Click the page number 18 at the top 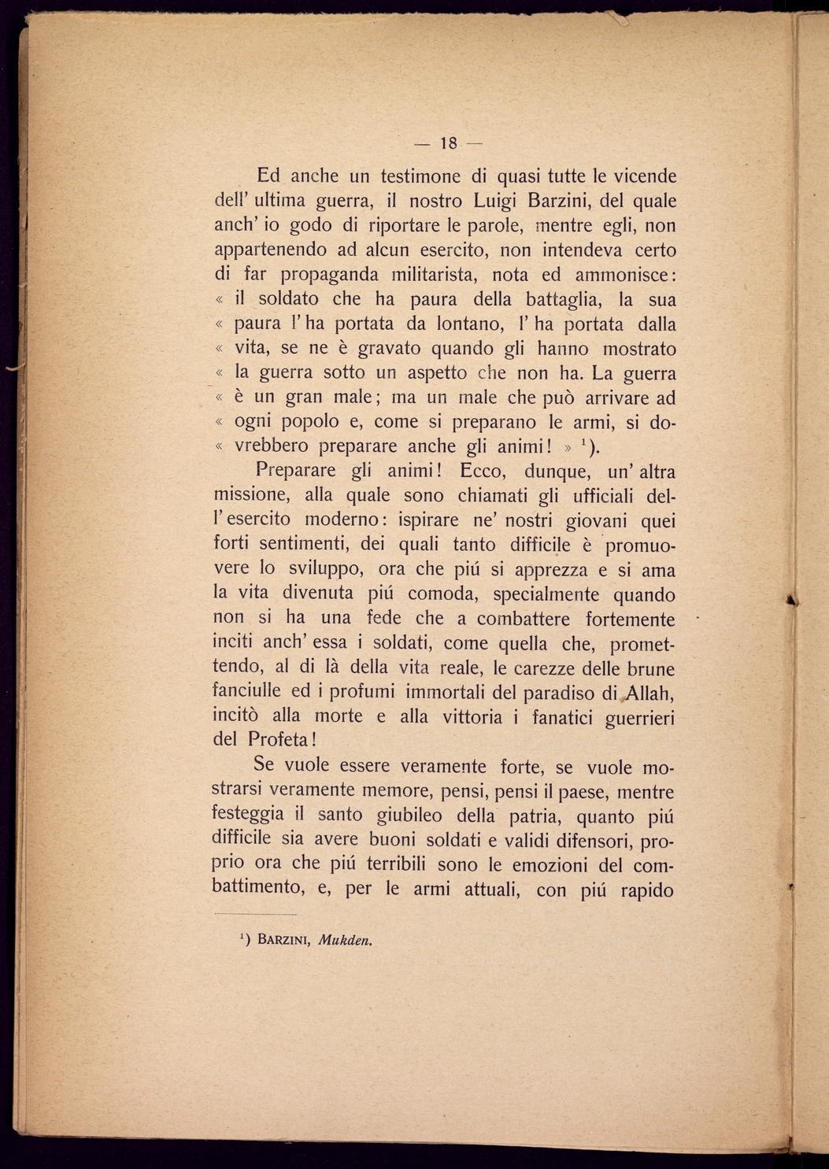449,143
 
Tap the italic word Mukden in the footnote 346,940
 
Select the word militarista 435,275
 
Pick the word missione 250,496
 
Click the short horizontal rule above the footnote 255,915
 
